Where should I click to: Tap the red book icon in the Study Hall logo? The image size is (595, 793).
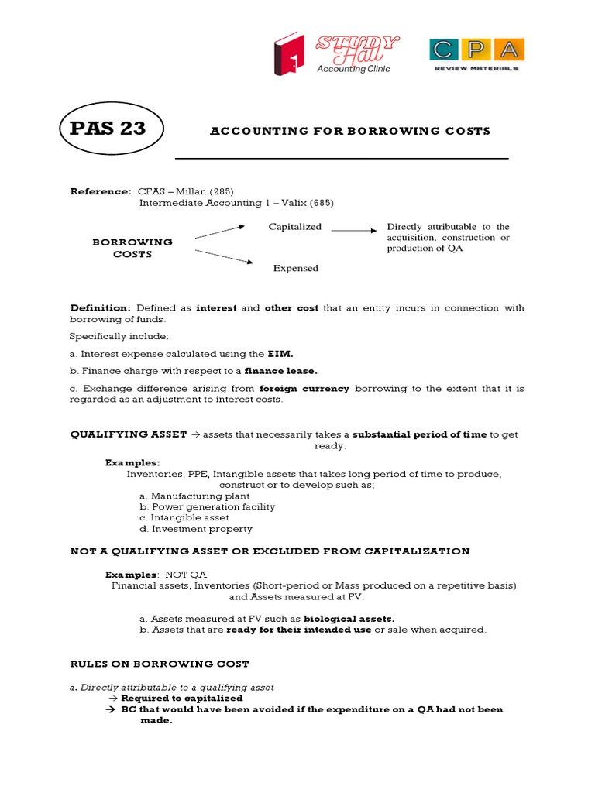point(287,59)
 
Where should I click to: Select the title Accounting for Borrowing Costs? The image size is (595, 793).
point(350,131)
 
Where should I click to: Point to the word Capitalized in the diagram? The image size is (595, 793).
point(294,227)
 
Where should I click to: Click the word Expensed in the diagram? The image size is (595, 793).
point(295,268)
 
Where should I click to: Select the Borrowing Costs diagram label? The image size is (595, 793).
point(132,248)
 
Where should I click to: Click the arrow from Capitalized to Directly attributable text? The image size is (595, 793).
point(353,230)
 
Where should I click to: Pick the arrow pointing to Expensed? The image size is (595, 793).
point(224,257)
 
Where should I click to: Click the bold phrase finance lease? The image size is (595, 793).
point(282,371)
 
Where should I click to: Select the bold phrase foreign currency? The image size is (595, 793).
point(304,389)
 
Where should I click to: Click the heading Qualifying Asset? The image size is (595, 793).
point(129,434)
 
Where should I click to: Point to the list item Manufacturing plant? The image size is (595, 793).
point(200,496)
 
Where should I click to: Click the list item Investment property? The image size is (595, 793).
point(201,529)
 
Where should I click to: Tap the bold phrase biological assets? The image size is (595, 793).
point(349,619)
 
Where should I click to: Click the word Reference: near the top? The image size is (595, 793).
point(101,191)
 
